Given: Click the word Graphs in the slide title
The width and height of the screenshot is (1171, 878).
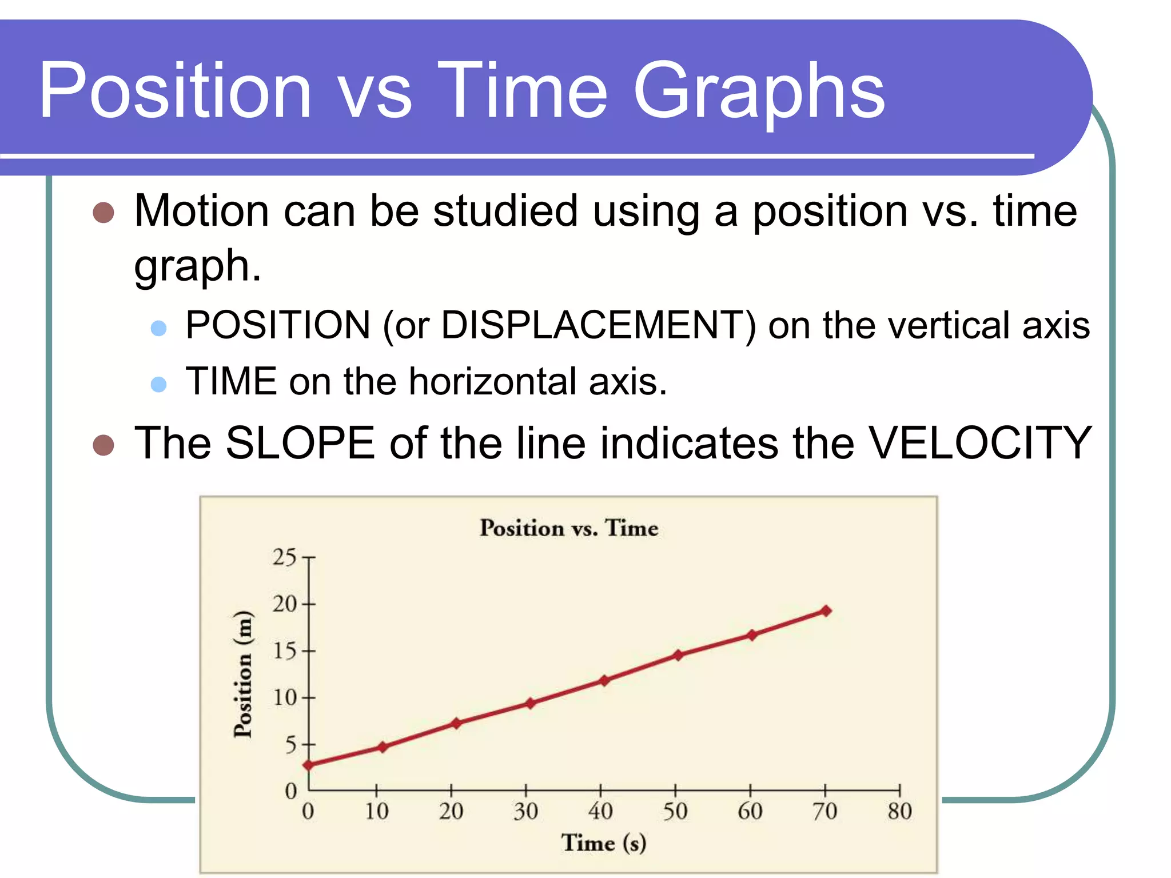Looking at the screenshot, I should click(x=759, y=91).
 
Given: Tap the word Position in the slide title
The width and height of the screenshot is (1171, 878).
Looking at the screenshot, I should click(x=175, y=91).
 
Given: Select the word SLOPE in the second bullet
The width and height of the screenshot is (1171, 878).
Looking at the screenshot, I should click(x=300, y=444).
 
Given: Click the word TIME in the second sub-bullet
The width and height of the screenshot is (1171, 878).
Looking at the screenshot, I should click(x=231, y=381).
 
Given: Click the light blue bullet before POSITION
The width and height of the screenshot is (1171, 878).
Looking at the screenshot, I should click(x=158, y=328).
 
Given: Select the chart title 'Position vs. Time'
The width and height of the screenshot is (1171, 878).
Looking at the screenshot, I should click(x=568, y=528).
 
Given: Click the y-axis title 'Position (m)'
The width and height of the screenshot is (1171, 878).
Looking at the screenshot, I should click(x=243, y=674).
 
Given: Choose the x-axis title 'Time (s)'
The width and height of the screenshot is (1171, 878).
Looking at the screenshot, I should click(x=603, y=843).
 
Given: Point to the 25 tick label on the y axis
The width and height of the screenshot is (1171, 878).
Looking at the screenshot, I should click(x=284, y=557).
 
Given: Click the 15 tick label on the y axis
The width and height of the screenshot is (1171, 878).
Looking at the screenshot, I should click(x=284, y=651).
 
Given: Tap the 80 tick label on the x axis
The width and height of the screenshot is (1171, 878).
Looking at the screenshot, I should click(x=899, y=811).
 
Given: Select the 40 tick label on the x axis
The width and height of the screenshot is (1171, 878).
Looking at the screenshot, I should click(x=600, y=811).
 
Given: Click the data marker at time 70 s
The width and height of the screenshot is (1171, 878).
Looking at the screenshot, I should click(x=826, y=611).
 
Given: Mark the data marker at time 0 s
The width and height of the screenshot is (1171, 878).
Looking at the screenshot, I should click(x=308, y=765).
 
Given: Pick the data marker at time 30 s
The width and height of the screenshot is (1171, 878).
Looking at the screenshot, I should click(x=531, y=703).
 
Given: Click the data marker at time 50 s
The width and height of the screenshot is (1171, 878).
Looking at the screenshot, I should click(x=678, y=655).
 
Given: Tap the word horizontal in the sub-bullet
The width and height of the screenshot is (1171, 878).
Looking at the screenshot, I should click(x=492, y=381).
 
